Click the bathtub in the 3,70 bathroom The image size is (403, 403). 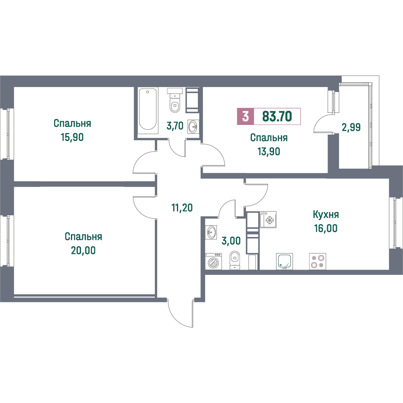click(x=147, y=109)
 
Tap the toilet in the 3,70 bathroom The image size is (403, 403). click(x=175, y=100)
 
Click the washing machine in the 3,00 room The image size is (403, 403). click(x=213, y=261)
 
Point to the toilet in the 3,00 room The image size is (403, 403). click(x=235, y=260)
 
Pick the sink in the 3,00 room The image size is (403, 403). click(x=211, y=232)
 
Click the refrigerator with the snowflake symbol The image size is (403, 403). click(x=268, y=220)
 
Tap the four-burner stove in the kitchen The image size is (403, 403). click(x=318, y=262)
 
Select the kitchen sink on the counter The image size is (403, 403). click(x=285, y=262)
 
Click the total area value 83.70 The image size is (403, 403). click(x=277, y=116)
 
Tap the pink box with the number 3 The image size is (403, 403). click(x=245, y=116)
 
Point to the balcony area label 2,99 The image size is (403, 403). click(x=351, y=127)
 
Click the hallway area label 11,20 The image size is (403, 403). click(x=182, y=208)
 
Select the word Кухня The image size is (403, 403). click(x=326, y=214)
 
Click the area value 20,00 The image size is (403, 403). click(x=83, y=250)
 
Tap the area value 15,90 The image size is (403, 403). click(x=72, y=137)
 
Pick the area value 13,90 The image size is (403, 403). click(x=269, y=152)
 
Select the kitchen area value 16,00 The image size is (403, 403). click(x=326, y=228)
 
